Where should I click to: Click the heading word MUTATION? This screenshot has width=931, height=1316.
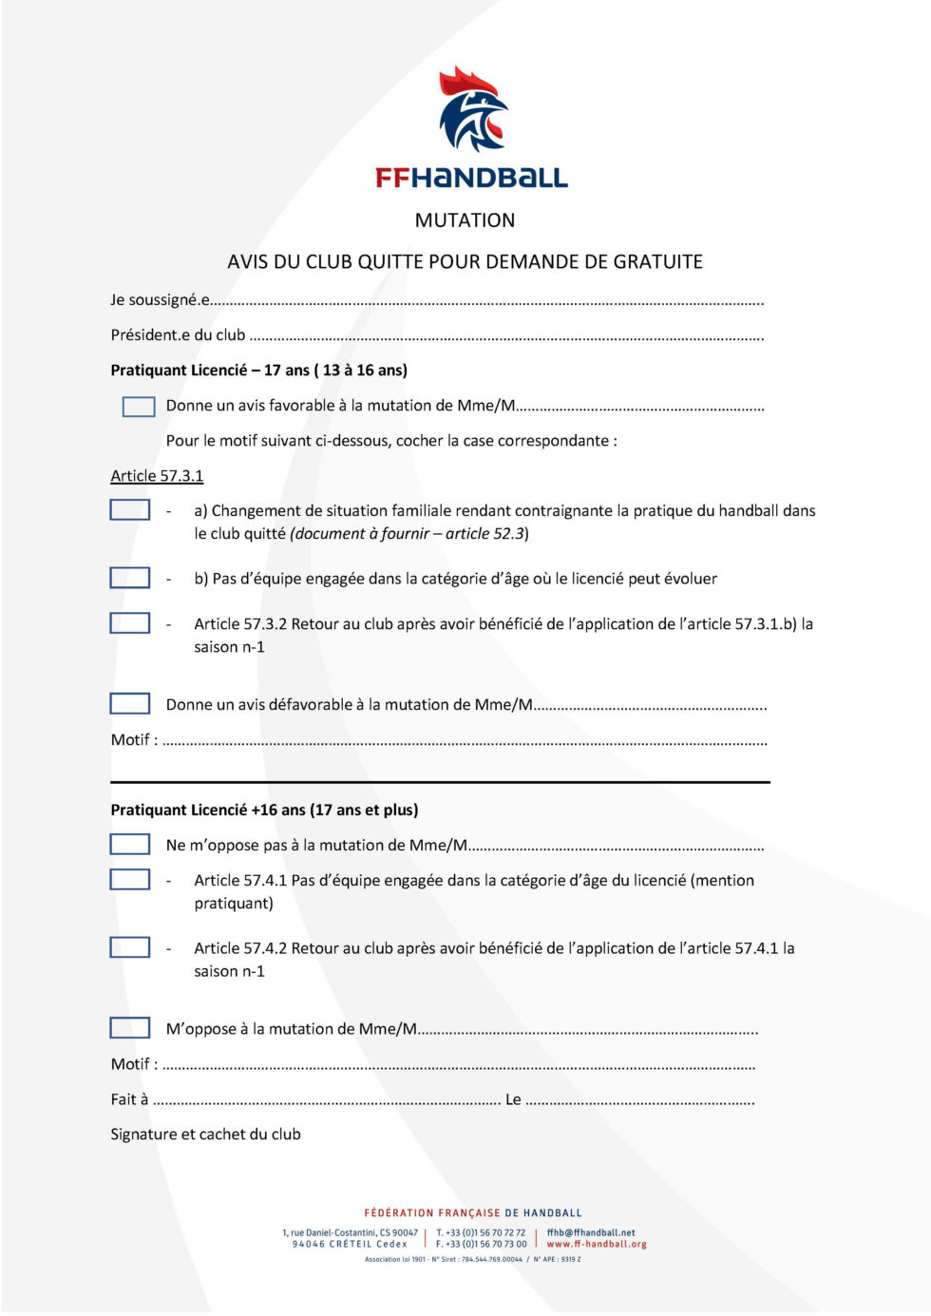click(x=465, y=220)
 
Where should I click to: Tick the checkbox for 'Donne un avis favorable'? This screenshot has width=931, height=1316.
click(x=139, y=407)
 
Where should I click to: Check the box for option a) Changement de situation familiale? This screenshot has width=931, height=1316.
click(x=130, y=510)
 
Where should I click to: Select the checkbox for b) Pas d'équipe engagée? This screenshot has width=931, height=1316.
click(x=130, y=578)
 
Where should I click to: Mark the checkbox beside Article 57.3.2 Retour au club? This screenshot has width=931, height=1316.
click(x=130, y=623)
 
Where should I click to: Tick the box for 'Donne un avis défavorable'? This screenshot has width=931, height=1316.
click(x=130, y=704)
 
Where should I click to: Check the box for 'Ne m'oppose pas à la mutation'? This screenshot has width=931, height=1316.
click(x=130, y=845)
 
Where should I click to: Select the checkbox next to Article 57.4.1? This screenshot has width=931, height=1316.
click(x=130, y=880)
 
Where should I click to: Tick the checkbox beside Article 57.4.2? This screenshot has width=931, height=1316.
click(x=130, y=947)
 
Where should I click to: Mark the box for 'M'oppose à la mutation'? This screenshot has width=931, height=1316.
click(x=130, y=1028)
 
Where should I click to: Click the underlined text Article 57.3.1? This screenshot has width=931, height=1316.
click(x=157, y=476)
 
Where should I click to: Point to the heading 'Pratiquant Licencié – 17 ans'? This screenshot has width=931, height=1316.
click(x=258, y=371)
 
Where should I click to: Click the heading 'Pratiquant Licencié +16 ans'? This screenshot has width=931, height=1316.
click(x=264, y=811)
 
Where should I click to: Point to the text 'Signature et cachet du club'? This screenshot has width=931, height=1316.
click(x=205, y=1135)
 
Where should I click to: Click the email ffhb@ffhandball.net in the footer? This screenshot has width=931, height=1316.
click(x=591, y=1232)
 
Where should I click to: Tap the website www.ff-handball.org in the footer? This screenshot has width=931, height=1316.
click(x=597, y=1244)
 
